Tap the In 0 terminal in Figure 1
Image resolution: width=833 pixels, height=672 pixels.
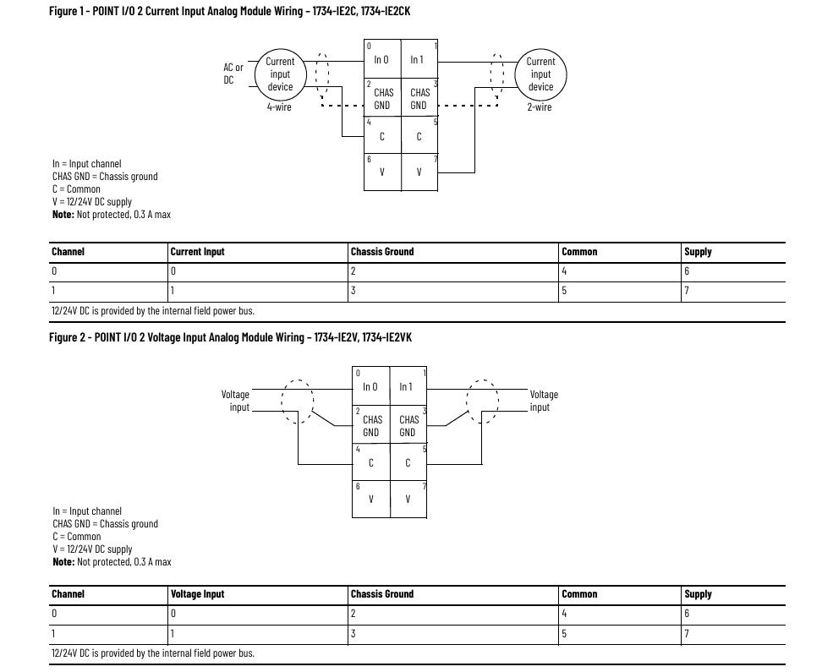(x=381, y=59)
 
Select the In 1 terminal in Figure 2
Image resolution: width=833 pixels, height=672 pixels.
(x=407, y=386)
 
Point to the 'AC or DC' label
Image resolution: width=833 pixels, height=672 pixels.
(x=233, y=74)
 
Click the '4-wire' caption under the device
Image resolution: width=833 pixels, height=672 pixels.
(x=279, y=107)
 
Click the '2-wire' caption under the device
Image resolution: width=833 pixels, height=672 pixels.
(x=540, y=107)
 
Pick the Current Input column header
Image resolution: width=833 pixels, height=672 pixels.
(x=198, y=252)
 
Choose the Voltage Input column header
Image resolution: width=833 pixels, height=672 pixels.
(x=198, y=594)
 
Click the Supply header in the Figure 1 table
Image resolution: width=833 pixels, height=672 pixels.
(x=698, y=252)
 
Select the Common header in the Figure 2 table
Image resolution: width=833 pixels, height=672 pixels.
(x=579, y=594)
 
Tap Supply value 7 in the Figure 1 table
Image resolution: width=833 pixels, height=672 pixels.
(x=687, y=290)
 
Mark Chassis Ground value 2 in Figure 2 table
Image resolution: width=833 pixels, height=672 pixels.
(x=353, y=614)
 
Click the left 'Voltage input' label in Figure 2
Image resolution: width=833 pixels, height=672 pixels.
(x=235, y=401)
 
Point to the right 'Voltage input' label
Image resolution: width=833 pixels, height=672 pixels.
(x=544, y=401)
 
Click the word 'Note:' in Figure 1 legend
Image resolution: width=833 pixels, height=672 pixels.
(x=63, y=215)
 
